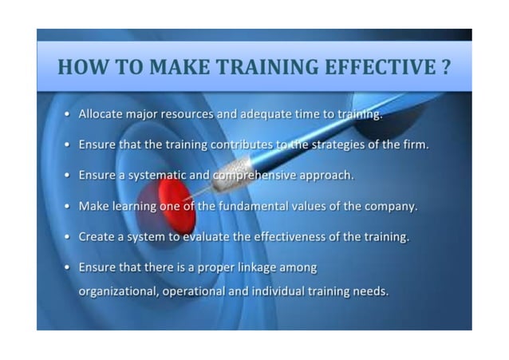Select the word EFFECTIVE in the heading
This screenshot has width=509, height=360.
(378, 68)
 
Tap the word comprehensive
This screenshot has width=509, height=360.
(245, 176)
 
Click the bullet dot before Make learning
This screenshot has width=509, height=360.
(69, 206)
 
